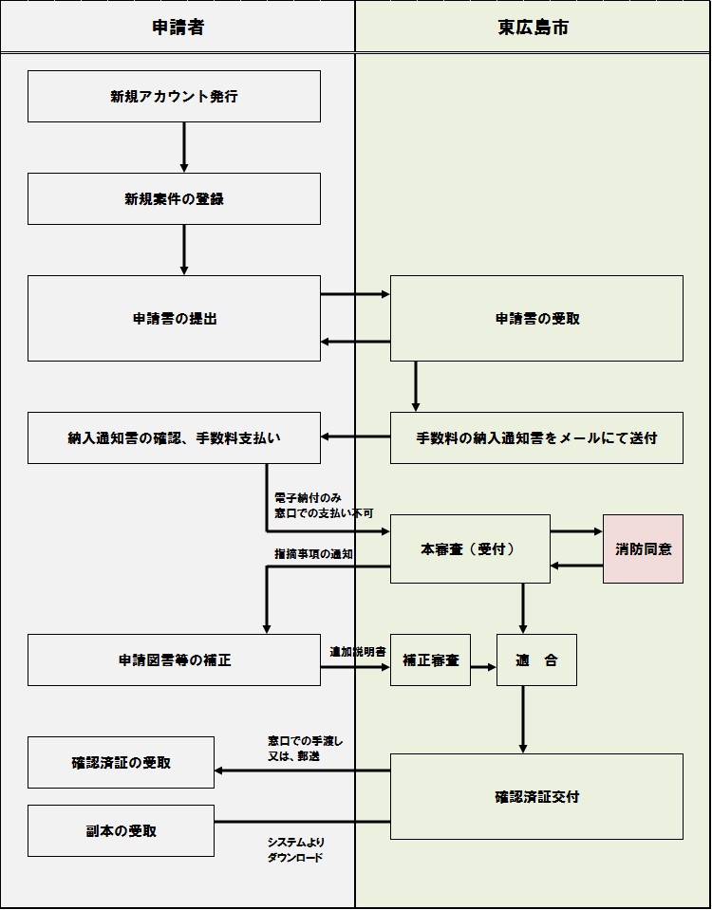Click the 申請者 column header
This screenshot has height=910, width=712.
[178, 28]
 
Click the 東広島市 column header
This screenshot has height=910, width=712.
[534, 28]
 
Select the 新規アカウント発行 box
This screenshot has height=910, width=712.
[174, 96]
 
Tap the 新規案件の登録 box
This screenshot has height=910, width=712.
[174, 198]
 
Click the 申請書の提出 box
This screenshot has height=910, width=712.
[174, 318]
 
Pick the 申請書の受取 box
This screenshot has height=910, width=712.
[536, 318]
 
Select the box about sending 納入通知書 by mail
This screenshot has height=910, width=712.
[536, 437]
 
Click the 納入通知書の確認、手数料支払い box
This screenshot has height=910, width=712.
[174, 437]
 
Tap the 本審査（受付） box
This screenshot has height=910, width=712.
[470, 548]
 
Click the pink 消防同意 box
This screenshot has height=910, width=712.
[643, 548]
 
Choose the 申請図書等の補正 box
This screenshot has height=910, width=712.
[174, 659]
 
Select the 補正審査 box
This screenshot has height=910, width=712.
[430, 659]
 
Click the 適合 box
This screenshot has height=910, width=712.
[536, 659]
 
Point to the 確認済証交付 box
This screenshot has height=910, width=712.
[536, 796]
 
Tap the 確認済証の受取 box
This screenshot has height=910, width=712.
[121, 762]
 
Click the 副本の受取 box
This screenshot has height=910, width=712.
[121, 830]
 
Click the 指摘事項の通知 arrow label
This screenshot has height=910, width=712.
[314, 553]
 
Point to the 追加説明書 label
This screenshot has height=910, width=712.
[357, 652]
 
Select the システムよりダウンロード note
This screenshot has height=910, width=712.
[296, 849]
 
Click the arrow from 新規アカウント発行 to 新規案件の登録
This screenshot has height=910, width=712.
[183, 147]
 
